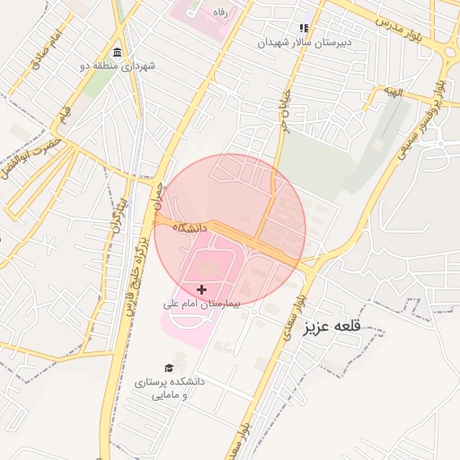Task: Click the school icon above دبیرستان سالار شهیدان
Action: (304, 28)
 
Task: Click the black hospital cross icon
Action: (201, 289)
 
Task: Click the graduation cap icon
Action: (169, 367)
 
